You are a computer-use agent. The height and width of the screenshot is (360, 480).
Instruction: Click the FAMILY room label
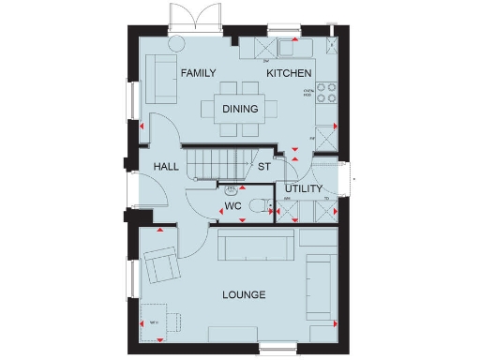[199, 73]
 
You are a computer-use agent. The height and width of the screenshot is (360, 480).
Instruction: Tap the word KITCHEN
[289, 73]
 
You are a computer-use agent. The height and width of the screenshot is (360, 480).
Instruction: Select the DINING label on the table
[240, 109]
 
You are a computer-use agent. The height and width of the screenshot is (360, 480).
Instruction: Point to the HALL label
[167, 167]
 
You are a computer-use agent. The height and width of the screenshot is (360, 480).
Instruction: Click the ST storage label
[264, 167]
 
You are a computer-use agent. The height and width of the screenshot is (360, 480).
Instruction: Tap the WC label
[233, 204]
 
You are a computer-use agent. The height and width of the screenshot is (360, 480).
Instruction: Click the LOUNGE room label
[244, 295]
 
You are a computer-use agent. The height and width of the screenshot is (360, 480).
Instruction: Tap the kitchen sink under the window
[289, 46]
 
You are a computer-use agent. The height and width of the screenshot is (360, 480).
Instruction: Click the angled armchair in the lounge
[161, 265]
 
